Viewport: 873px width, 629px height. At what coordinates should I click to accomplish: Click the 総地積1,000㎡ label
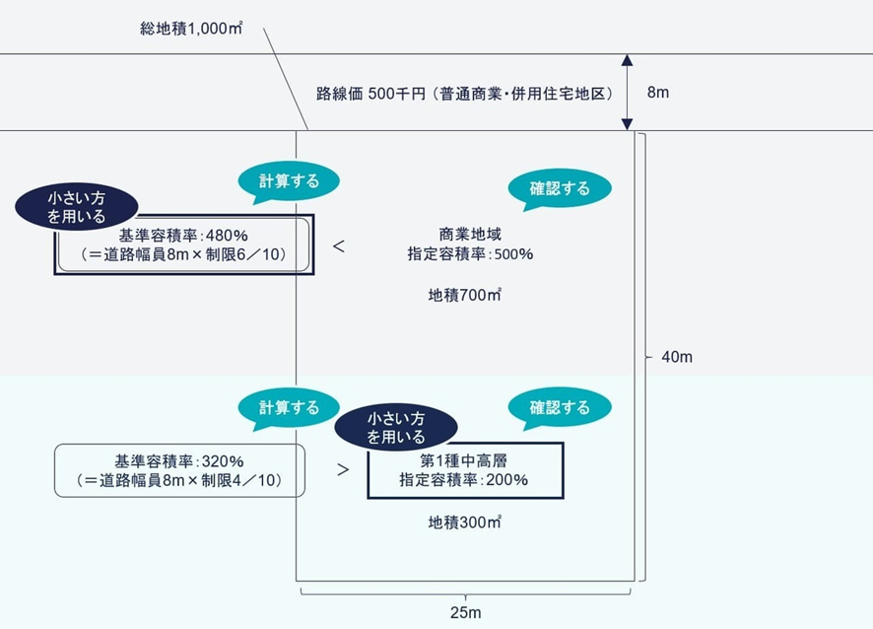pos(191,30)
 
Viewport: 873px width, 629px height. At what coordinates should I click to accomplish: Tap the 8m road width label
pos(657,93)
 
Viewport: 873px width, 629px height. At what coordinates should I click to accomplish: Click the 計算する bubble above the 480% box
pos(289,181)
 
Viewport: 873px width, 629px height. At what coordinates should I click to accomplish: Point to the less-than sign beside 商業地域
pos(338,246)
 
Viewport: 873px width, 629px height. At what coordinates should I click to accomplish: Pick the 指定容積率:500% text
pos(470,254)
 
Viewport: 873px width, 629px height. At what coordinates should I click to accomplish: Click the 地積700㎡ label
pos(465,294)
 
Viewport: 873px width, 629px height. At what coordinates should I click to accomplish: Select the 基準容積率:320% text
pos(179,461)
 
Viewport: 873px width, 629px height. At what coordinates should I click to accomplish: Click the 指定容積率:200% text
pos(464,480)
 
